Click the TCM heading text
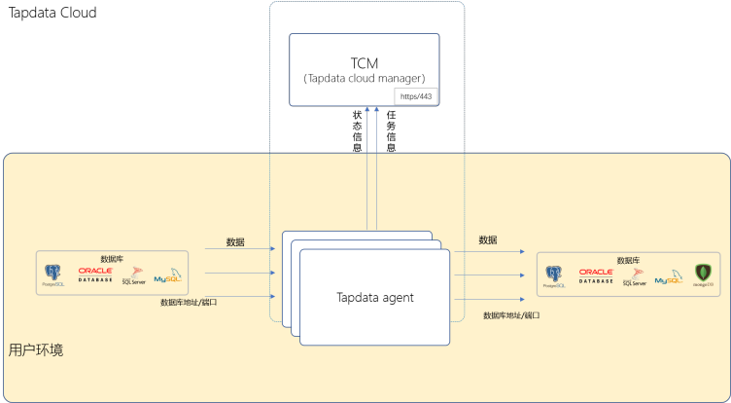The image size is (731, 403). (x=365, y=59)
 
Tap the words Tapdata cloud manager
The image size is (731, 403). (x=365, y=78)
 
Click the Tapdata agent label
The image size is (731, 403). (x=375, y=297)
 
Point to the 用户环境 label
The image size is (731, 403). (x=36, y=348)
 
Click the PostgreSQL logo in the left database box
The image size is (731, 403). (x=53, y=275)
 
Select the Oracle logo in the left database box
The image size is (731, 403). (x=96, y=274)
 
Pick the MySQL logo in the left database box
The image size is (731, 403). (x=167, y=275)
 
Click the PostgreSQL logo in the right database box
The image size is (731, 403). (x=554, y=276)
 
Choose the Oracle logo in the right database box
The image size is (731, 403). (x=596, y=275)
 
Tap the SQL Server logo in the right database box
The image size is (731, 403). (x=634, y=276)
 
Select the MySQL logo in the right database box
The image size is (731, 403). (x=668, y=276)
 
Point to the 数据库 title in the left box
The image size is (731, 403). (x=112, y=259)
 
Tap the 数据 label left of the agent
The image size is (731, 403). (x=235, y=241)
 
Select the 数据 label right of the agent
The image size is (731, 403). (x=488, y=239)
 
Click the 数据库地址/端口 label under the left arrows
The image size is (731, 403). (x=189, y=303)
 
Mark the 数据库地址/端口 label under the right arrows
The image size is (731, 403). (x=511, y=315)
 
